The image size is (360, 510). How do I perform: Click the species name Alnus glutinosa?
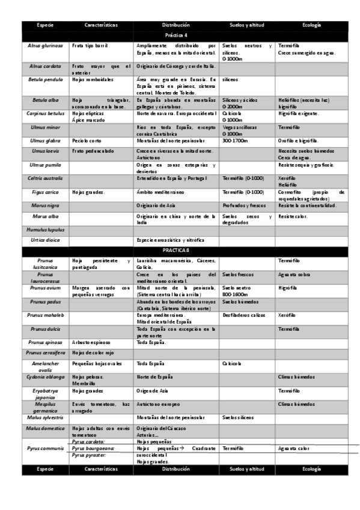(45, 46)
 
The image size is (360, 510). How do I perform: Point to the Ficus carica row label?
(45, 192)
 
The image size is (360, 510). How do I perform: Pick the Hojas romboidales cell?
(91, 79)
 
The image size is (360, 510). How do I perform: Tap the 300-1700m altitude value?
(234, 140)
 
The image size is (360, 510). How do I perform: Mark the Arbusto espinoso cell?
(90, 342)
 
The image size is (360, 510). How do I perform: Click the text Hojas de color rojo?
(93, 353)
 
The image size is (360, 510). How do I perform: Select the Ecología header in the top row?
(311, 25)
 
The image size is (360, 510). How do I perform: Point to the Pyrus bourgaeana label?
(92, 448)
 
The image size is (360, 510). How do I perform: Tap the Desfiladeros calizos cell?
(243, 315)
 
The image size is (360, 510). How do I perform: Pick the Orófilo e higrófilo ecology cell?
(302, 140)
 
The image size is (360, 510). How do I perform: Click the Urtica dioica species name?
(45, 239)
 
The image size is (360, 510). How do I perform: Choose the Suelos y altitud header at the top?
(244, 25)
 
